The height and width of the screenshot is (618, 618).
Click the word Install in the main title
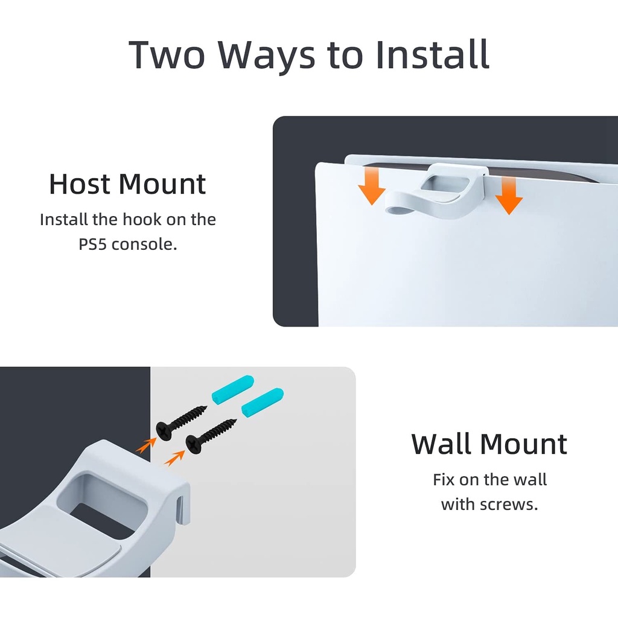click(432, 54)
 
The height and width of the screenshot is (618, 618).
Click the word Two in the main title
click(167, 55)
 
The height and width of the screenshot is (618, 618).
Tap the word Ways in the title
click(267, 57)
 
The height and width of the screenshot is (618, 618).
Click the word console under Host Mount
click(144, 245)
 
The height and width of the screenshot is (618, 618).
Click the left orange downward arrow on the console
click(372, 185)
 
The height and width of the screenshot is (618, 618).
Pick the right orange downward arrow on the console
click(509, 196)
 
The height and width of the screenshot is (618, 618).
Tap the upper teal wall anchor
click(233, 389)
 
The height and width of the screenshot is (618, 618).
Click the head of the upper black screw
click(164, 431)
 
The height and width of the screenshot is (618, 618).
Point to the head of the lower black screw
click(194, 444)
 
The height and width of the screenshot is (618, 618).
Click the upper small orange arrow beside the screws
click(145, 445)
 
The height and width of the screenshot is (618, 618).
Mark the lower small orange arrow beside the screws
click(174, 459)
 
